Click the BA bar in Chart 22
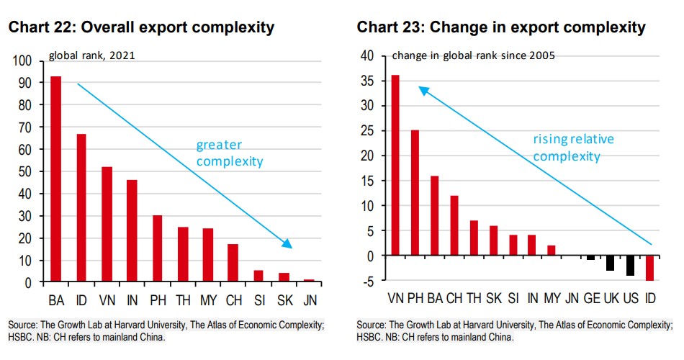tap(55, 179)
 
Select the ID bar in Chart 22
tap(81, 208)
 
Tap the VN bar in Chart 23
tap(395, 165)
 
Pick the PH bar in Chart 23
tap(415, 193)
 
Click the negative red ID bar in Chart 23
tap(649, 268)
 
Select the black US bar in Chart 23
tap(630, 265)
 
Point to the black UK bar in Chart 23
tap(610, 263)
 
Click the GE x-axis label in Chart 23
tap(590, 298)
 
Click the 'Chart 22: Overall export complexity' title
tap(141, 28)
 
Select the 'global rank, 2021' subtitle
tap(92, 55)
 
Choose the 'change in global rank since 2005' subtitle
tap(473, 55)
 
